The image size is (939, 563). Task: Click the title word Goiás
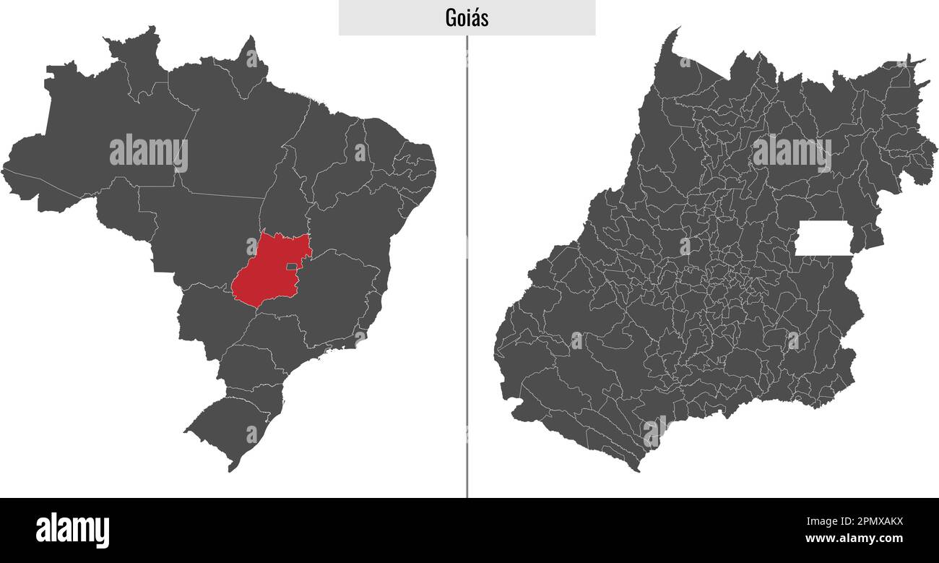click(x=467, y=18)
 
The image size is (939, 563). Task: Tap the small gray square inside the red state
click(x=291, y=267)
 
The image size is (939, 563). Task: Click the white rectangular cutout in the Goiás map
click(x=823, y=238)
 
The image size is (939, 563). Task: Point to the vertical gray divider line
click(x=467, y=289)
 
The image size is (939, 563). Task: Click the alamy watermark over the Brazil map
click(x=149, y=152)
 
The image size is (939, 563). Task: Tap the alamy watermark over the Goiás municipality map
click(x=791, y=152)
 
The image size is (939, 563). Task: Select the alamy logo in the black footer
click(x=73, y=530)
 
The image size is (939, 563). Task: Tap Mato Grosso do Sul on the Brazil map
click(x=209, y=318)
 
